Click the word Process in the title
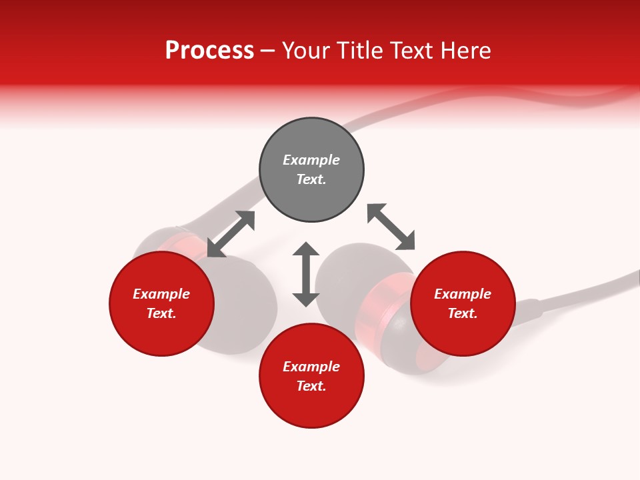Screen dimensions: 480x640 (x=209, y=51)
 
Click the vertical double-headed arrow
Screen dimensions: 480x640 (x=306, y=274)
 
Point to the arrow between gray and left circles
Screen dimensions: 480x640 (x=231, y=234)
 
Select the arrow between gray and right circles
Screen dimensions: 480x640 (x=391, y=227)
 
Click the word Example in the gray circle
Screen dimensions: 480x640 (x=311, y=160)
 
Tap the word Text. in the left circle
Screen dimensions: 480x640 (x=161, y=313)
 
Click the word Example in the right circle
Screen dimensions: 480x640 (x=463, y=294)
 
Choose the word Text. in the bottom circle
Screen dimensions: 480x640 (x=311, y=386)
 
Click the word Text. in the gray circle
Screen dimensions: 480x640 (x=311, y=179)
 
